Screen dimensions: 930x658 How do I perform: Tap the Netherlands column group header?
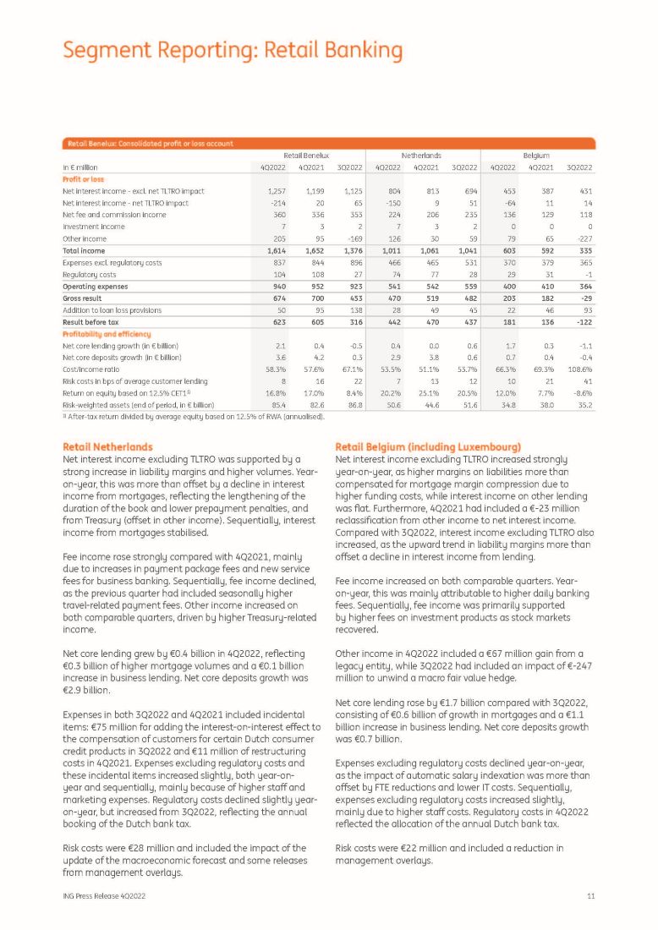click(x=421, y=156)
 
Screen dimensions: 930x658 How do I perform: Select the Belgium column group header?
click(x=536, y=156)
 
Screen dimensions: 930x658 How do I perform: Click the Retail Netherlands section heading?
click(x=108, y=446)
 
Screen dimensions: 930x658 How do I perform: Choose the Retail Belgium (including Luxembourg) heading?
click(x=429, y=446)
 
